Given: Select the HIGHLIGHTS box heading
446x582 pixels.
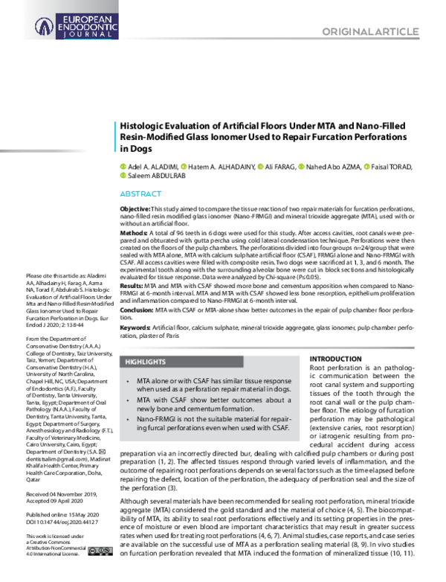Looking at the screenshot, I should [145, 362].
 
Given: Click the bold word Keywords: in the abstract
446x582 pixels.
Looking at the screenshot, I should [138, 327].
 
